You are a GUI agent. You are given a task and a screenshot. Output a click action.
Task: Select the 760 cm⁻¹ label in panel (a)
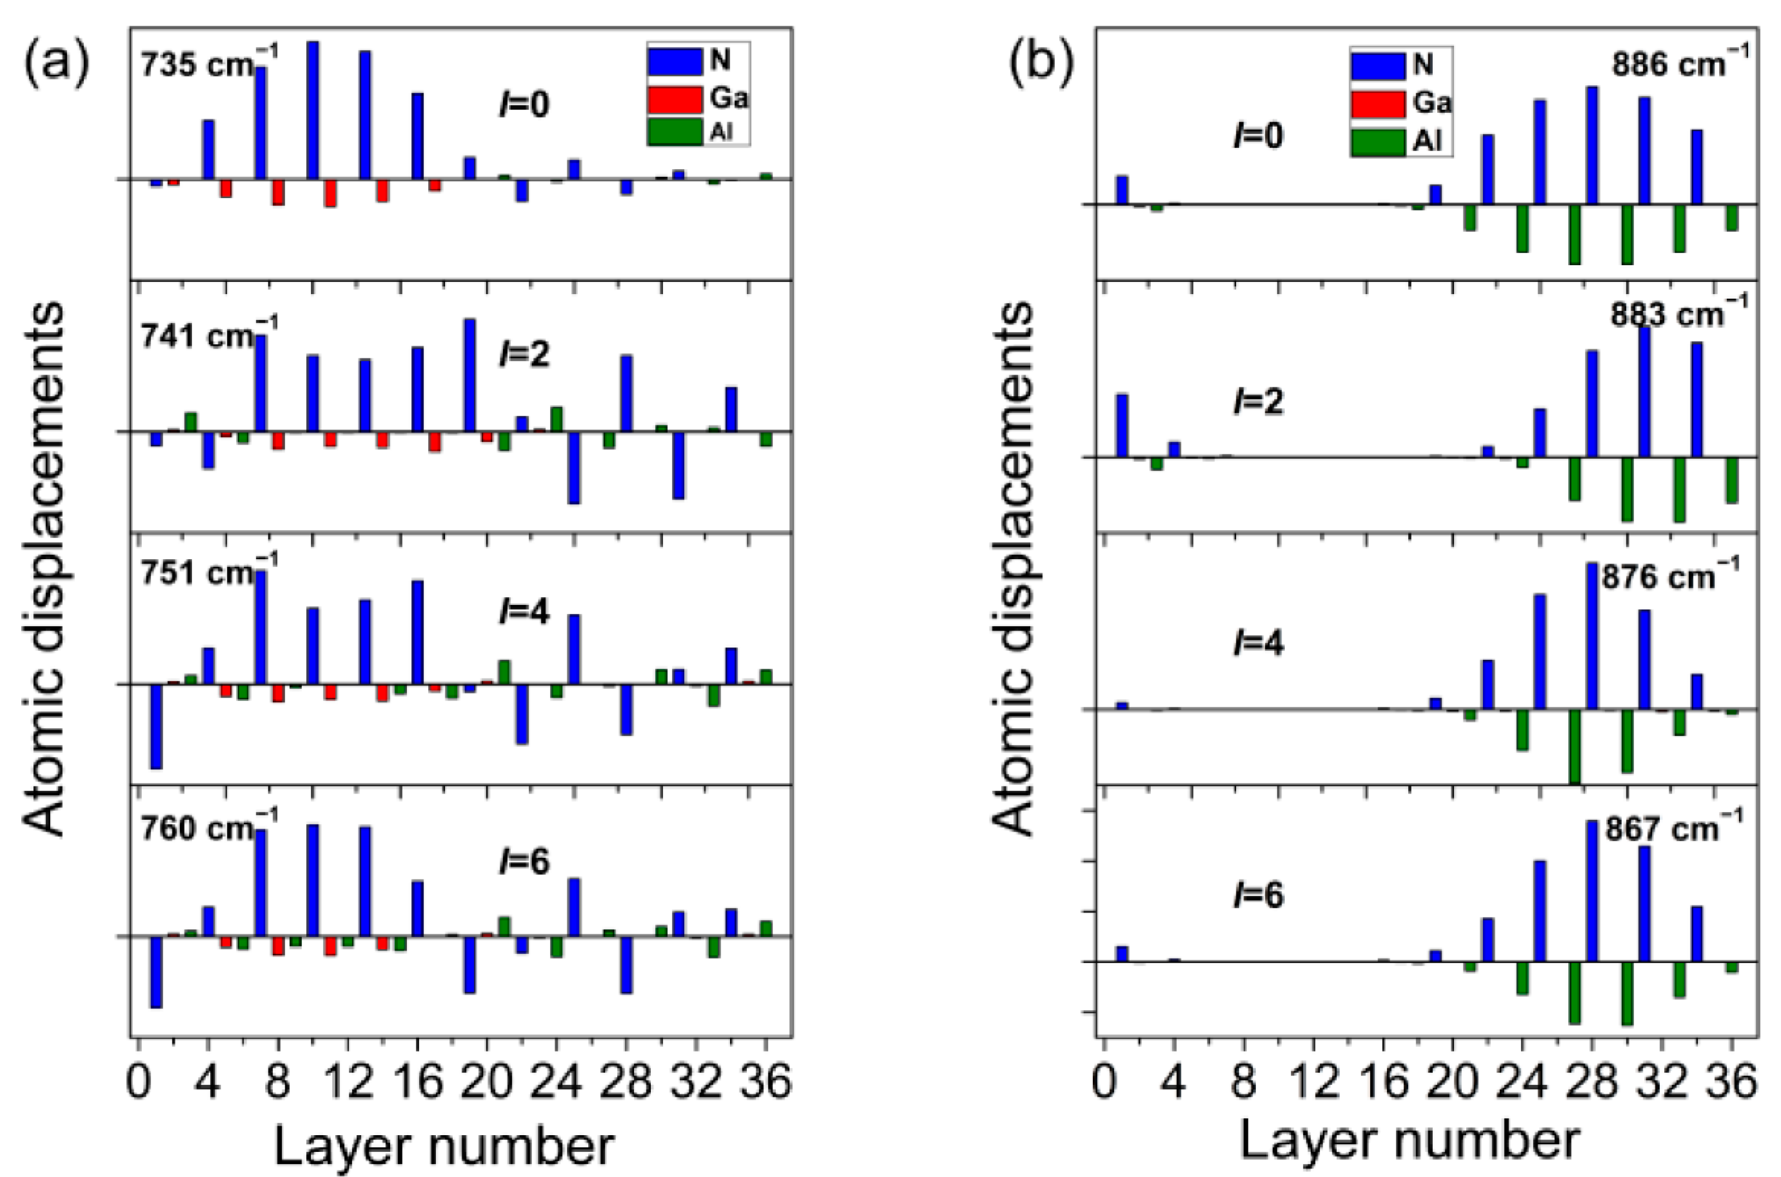pos(209,829)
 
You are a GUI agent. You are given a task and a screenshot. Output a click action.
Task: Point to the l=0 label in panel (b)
pos(1258,136)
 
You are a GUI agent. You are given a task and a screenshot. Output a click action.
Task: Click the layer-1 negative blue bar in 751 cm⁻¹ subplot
pos(156,726)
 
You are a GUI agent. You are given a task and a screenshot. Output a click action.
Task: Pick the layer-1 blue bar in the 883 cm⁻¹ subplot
pos(1122,425)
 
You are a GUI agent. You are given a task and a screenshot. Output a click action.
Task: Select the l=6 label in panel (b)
pos(1258,896)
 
